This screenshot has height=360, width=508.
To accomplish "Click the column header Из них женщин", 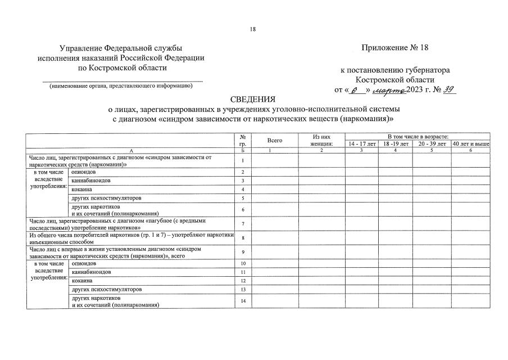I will pyautogui.click(x=321, y=140).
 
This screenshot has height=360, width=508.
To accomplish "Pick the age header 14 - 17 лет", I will pyautogui.click(x=361, y=144).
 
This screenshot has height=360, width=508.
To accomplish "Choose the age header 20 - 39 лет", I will pyautogui.click(x=431, y=144).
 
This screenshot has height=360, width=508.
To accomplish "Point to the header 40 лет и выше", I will pyautogui.click(x=470, y=144).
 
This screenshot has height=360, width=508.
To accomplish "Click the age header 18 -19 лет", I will pyautogui.click(x=395, y=144).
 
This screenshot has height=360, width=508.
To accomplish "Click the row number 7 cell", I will pyautogui.click(x=243, y=224).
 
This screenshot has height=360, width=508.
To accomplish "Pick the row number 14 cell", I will pyautogui.click(x=243, y=301).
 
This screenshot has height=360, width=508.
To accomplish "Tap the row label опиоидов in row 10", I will pyautogui.click(x=84, y=263).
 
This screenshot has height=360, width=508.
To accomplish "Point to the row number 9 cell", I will pyautogui.click(x=243, y=252).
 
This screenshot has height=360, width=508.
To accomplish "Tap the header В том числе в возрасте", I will pyautogui.click(x=417, y=137).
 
